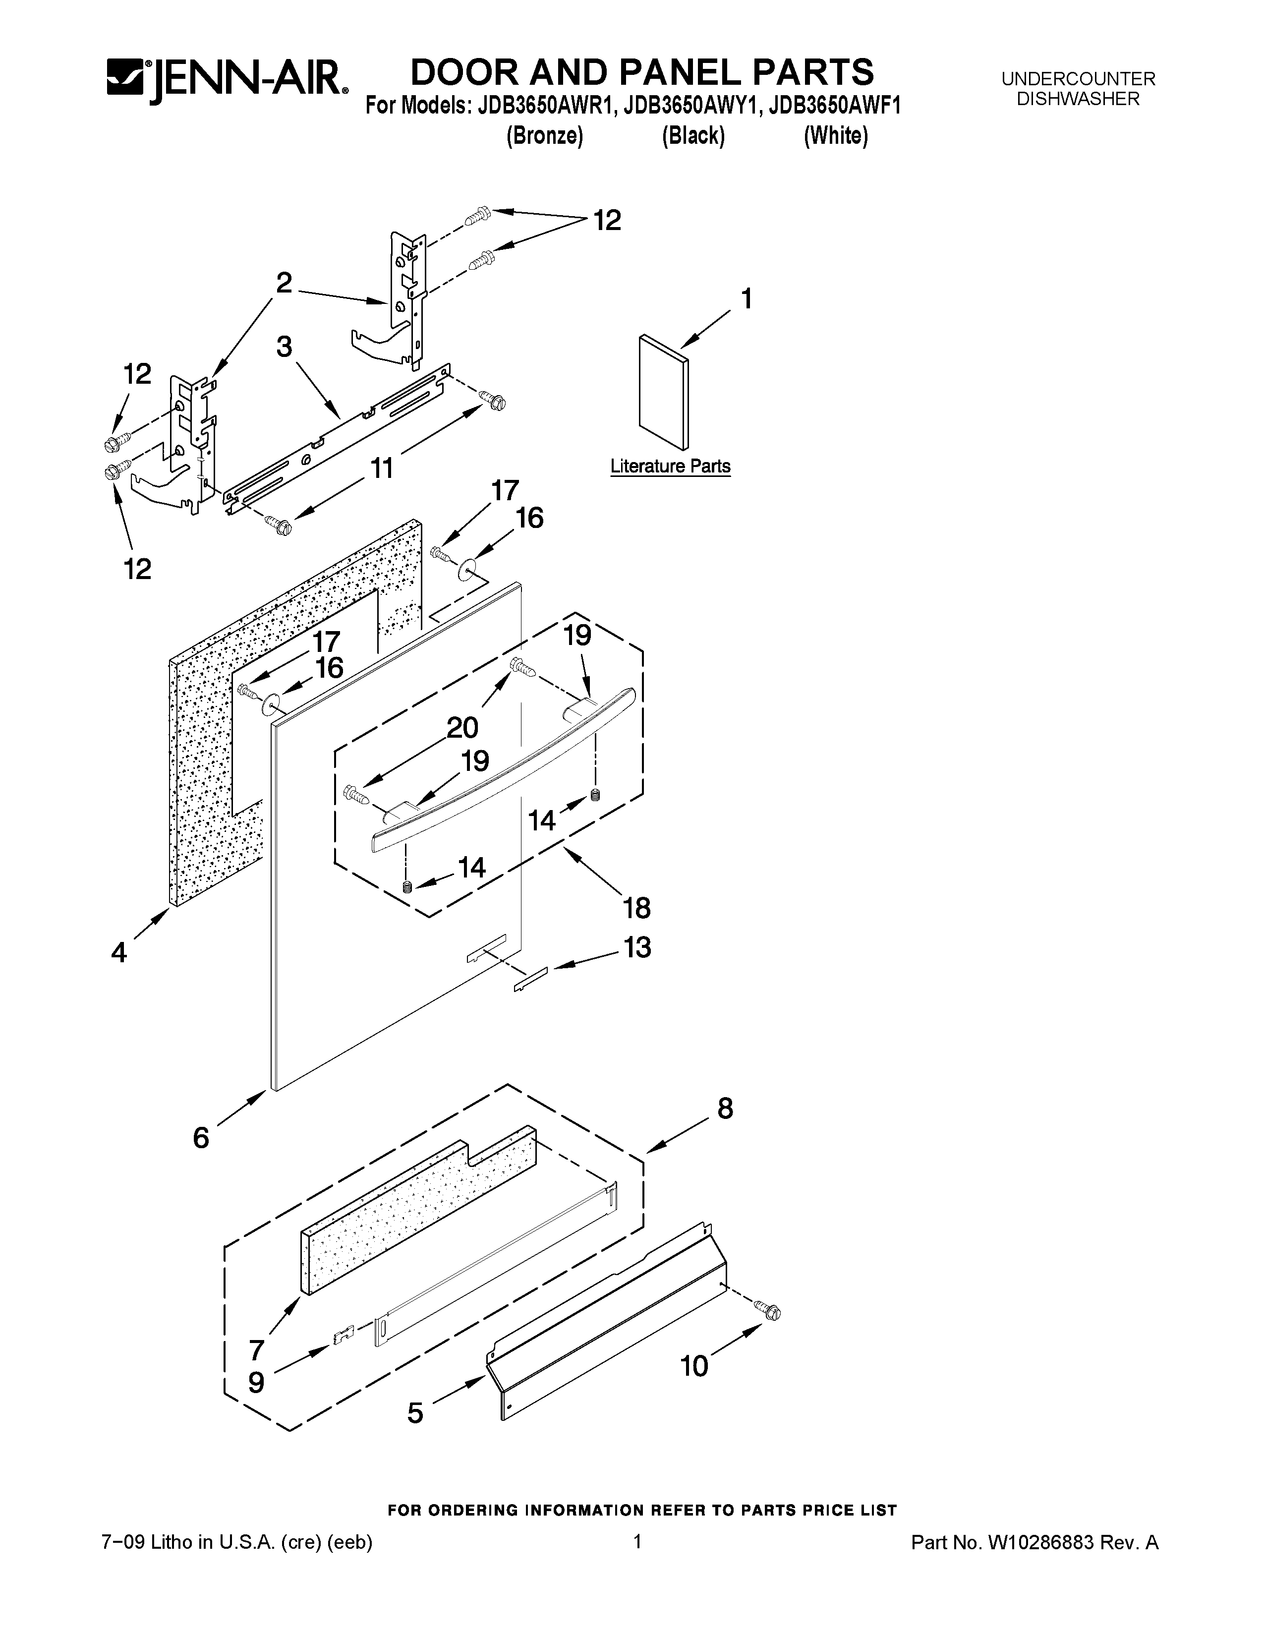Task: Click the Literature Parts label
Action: tap(670, 466)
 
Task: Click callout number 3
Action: tap(284, 347)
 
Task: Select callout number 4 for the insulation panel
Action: tap(119, 953)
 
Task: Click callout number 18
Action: tap(636, 908)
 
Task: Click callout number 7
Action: tap(256, 1349)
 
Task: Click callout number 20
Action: tap(463, 727)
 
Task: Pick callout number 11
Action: tap(382, 468)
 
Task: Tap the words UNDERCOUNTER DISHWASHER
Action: tap(1078, 88)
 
